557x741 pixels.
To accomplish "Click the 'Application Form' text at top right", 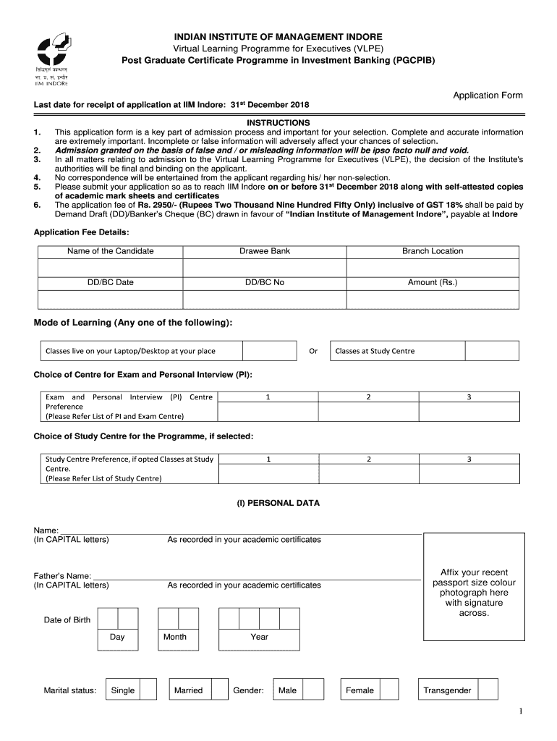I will (x=487, y=96).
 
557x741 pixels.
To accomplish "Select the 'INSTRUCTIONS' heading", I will (x=278, y=123).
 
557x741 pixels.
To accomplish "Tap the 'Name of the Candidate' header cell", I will (x=110, y=251).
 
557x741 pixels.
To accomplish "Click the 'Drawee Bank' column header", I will (x=265, y=251).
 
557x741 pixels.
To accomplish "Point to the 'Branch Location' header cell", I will (x=433, y=251).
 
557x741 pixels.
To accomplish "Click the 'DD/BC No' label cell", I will (x=265, y=282).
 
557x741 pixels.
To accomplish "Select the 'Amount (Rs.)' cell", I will (x=433, y=282).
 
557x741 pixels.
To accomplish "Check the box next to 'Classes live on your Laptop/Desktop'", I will (x=268, y=351).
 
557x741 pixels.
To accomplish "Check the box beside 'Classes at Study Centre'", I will (x=491, y=351).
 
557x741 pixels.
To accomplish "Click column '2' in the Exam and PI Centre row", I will (x=368, y=397).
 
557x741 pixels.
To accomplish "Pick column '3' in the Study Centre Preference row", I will (x=469, y=459).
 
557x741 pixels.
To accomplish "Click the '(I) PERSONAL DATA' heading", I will (x=278, y=503).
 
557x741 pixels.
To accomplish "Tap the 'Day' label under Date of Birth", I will (x=117, y=637).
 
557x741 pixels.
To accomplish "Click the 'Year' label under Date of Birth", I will (x=259, y=637).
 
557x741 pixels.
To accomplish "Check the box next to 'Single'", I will (x=148, y=690).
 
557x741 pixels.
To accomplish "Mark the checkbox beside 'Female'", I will (x=390, y=690).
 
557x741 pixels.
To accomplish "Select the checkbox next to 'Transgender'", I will (x=489, y=690).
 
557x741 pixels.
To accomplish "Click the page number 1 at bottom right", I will (x=519, y=713).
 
